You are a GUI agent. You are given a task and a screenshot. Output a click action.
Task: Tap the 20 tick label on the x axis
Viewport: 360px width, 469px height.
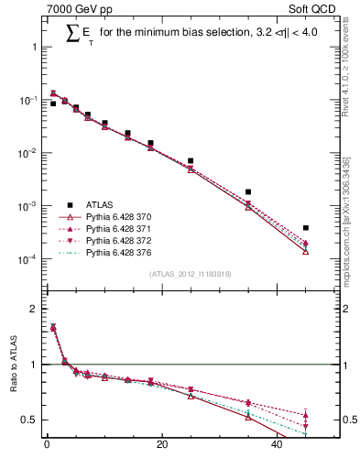coord(162,447)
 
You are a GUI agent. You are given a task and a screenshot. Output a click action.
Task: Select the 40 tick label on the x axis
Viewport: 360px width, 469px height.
coord(278,447)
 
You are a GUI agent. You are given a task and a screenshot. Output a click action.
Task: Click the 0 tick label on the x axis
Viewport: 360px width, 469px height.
coord(47,447)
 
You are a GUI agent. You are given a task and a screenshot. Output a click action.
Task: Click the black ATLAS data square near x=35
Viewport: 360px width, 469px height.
coord(248,192)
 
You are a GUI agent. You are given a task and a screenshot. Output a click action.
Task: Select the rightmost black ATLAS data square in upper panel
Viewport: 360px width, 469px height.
coord(306,227)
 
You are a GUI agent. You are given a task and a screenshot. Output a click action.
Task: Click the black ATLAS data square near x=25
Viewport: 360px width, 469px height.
coord(191,161)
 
